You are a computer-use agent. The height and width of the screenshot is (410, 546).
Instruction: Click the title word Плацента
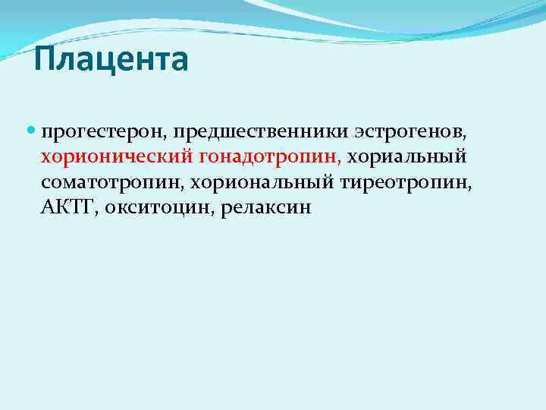[x=111, y=60]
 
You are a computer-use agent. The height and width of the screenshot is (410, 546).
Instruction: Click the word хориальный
[x=407, y=157]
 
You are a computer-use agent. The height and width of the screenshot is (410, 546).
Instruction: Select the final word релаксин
[x=266, y=207]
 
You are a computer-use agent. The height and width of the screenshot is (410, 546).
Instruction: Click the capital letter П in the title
[x=45, y=60]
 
